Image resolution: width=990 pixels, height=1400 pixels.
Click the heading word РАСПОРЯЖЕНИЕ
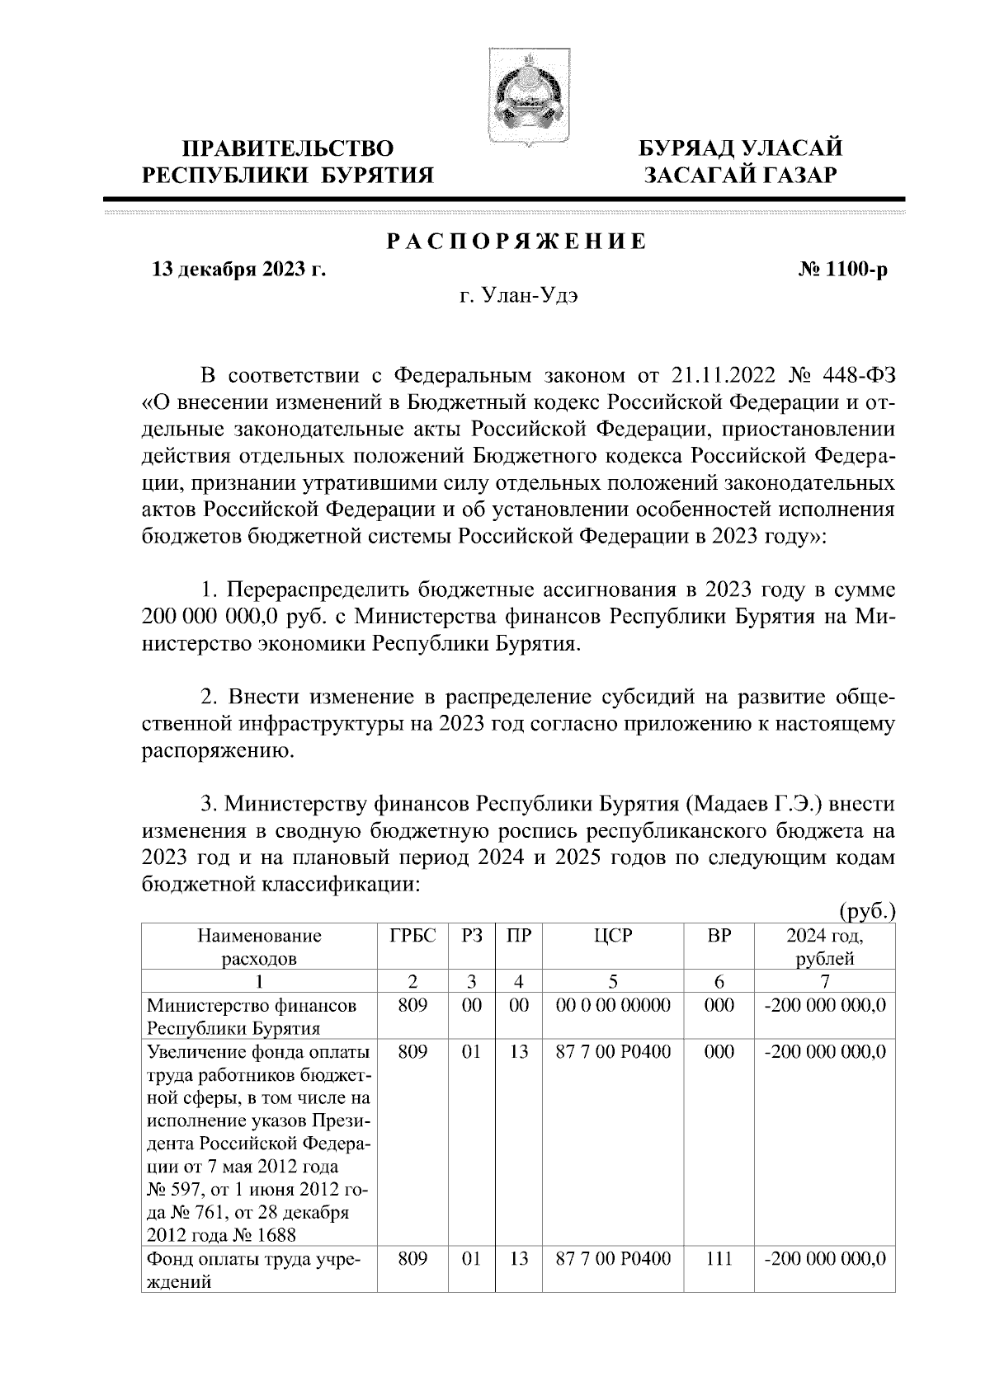click(517, 243)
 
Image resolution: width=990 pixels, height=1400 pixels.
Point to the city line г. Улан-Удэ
click(518, 296)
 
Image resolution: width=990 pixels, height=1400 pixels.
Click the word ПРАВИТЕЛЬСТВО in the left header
click(288, 149)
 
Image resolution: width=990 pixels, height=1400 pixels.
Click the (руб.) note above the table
click(866, 912)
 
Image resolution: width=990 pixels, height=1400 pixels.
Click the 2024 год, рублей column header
click(824, 947)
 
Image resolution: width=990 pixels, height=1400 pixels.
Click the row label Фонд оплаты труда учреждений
click(255, 1271)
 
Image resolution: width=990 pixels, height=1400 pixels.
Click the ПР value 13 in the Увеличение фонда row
click(518, 1053)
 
